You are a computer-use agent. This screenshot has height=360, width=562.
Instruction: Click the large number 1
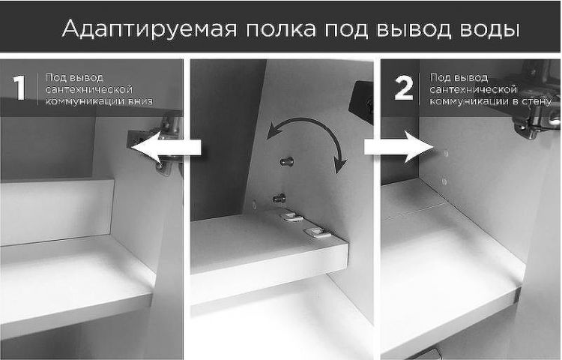[x=19, y=88]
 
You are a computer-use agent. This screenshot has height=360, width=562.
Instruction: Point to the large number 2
[x=403, y=88]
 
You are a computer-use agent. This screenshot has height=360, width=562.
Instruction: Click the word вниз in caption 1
[x=140, y=100]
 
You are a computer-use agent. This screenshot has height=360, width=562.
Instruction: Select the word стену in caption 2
[x=537, y=100]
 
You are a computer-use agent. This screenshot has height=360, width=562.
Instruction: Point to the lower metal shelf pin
[x=279, y=199]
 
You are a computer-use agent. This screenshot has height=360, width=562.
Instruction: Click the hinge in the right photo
[x=536, y=112]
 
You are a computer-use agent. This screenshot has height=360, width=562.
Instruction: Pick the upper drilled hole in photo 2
[x=444, y=153]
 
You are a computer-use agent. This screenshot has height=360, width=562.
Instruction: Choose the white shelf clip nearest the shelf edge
[x=315, y=233]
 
